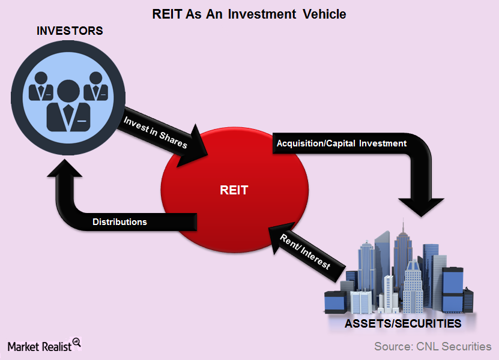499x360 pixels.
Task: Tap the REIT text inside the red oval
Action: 233,191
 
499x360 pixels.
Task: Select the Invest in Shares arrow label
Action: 156,132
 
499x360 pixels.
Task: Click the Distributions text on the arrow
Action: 119,222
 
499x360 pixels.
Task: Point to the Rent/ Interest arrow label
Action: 306,251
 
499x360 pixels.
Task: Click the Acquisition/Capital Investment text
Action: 341,143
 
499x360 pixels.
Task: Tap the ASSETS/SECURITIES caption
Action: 402,324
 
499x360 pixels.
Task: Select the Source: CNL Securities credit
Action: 432,346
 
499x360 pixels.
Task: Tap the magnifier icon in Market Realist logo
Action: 76,343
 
